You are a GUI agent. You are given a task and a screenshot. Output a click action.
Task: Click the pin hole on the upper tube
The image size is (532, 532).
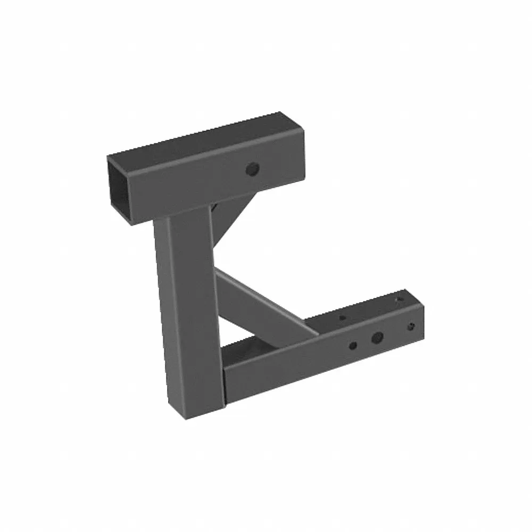[252, 170]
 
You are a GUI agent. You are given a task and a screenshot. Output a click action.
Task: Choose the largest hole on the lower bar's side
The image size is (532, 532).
[377, 337]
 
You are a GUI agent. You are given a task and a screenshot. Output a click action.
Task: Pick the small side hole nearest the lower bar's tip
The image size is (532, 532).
[411, 326]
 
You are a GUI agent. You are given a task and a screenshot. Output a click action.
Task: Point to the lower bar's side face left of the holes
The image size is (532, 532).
[282, 367]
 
